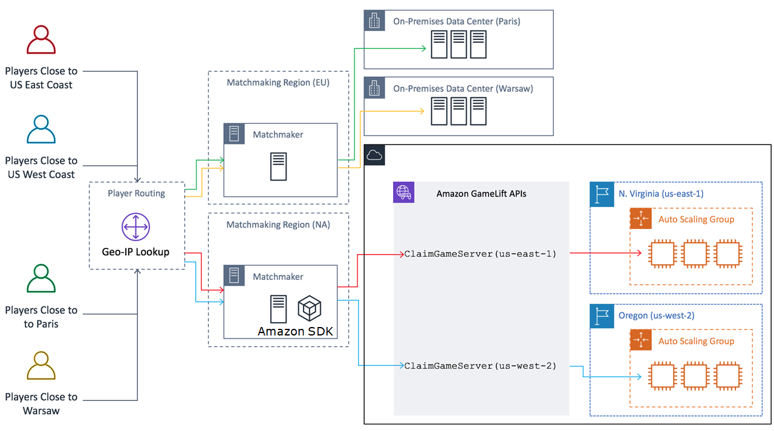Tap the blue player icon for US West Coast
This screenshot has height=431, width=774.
(41, 129)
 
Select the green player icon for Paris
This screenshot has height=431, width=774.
(41, 278)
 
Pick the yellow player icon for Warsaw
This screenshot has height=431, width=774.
(41, 366)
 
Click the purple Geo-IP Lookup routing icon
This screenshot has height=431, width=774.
(136, 228)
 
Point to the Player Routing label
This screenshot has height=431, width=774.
(136, 193)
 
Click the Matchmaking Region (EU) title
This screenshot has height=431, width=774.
(278, 82)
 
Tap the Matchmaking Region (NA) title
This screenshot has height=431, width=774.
(278, 224)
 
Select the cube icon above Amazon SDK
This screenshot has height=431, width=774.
(309, 308)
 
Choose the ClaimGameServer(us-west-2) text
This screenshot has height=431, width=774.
(480, 366)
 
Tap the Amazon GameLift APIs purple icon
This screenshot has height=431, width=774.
(403, 192)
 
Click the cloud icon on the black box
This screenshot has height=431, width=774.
(375, 155)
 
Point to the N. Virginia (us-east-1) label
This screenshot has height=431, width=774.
(661, 194)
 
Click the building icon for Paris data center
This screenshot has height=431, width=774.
(375, 21)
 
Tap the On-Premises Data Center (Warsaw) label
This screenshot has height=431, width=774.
(463, 88)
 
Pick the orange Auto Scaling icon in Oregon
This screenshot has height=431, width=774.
(640, 340)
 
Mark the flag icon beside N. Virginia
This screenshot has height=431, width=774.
(602, 194)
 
